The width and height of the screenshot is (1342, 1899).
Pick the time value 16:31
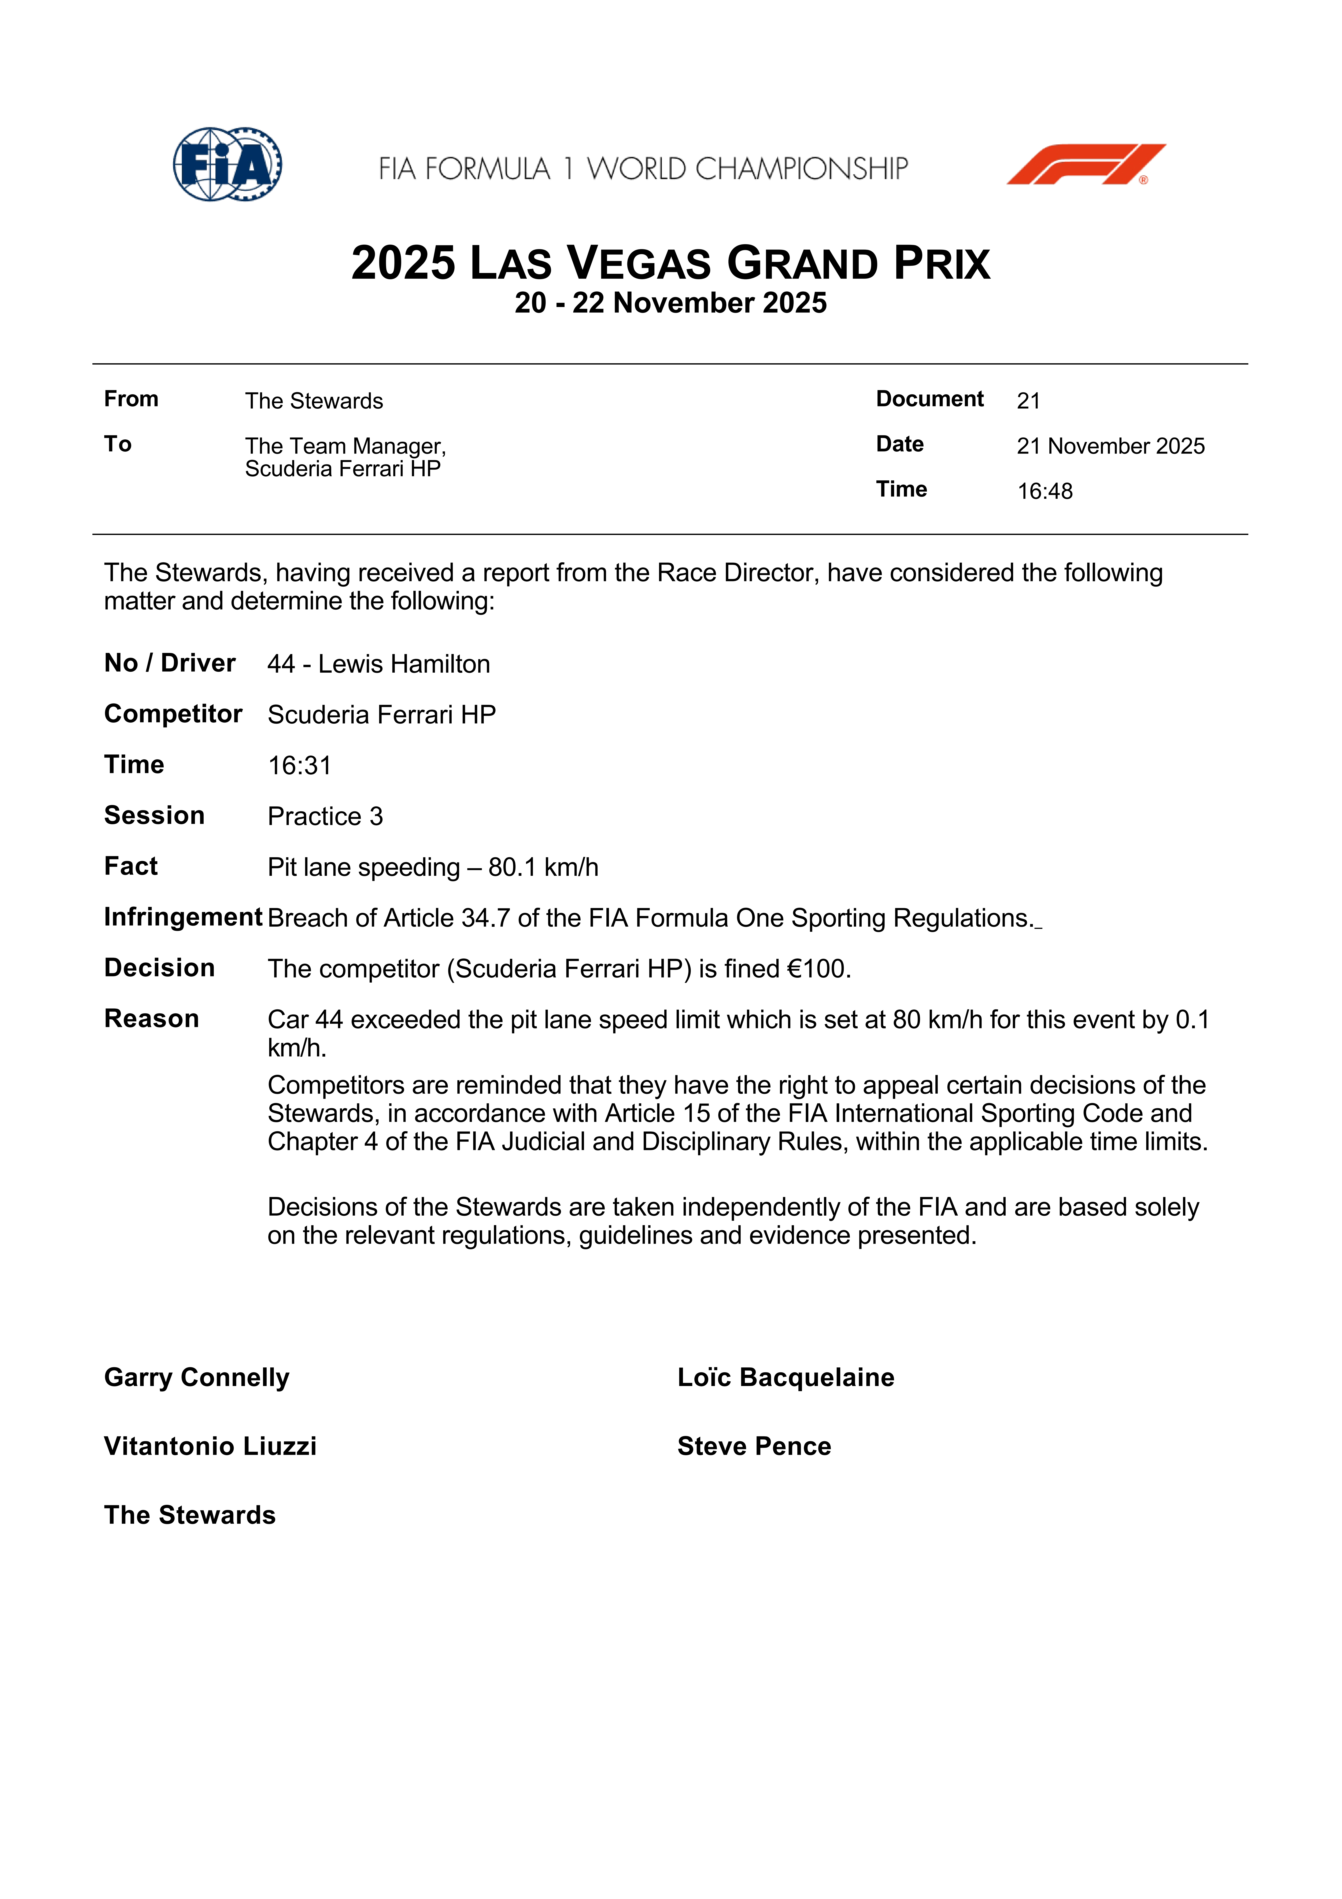tap(299, 766)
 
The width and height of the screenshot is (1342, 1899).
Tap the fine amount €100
tap(819, 969)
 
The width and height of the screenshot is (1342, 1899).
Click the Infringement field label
tap(183, 917)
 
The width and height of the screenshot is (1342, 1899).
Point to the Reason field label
tap(151, 1019)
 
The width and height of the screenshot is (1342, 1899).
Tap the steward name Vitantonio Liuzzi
tap(210, 1447)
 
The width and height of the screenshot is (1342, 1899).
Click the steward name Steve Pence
tap(754, 1447)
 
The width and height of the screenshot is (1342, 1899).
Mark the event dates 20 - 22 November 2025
tap(671, 304)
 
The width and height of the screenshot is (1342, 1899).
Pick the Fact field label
tap(131, 867)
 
